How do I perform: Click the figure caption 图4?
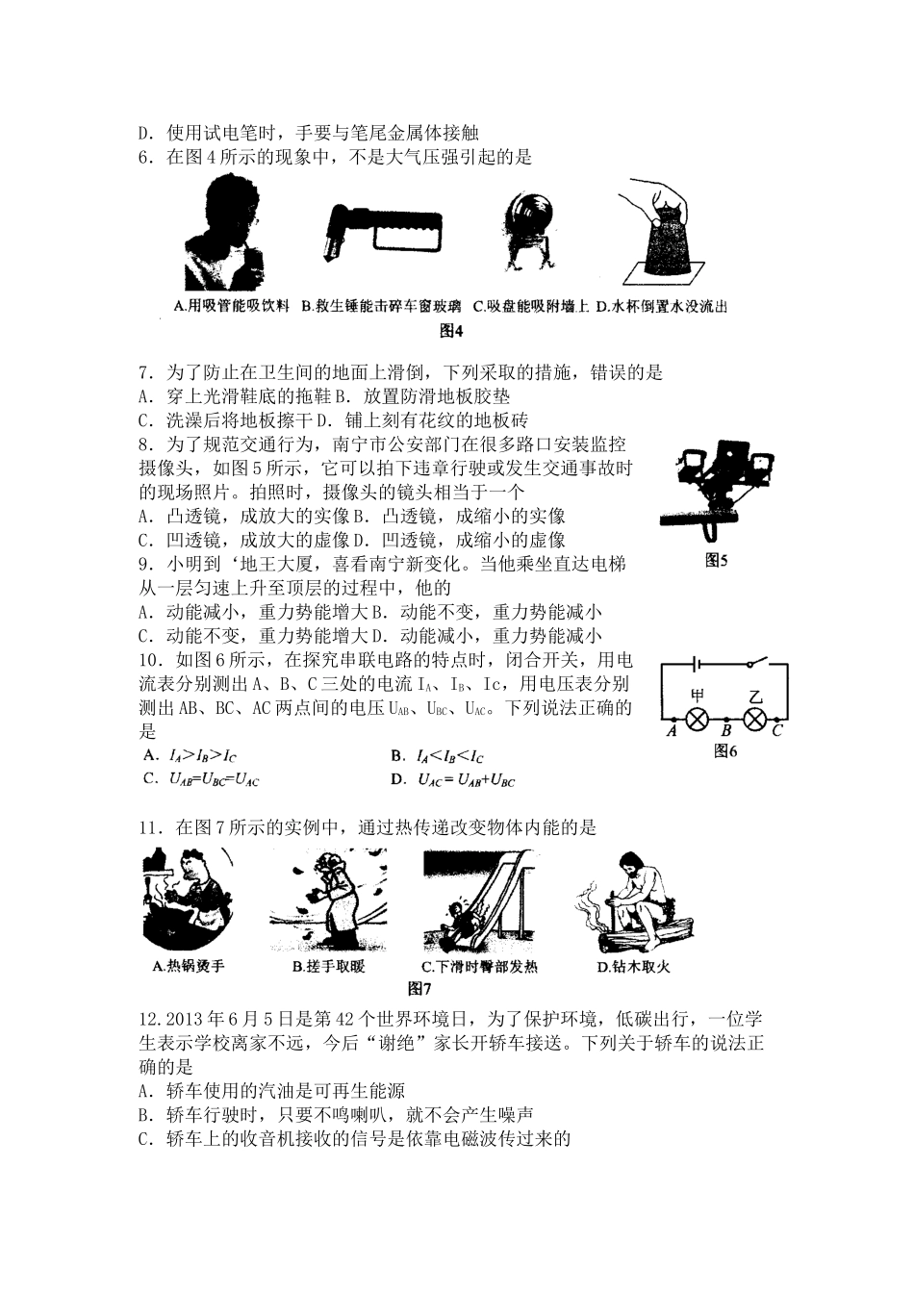click(451, 331)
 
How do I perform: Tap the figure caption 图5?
click(716, 559)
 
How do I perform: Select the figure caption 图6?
click(725, 751)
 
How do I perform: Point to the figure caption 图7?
click(419, 988)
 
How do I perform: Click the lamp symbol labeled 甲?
click(697, 719)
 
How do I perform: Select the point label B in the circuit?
click(728, 732)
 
